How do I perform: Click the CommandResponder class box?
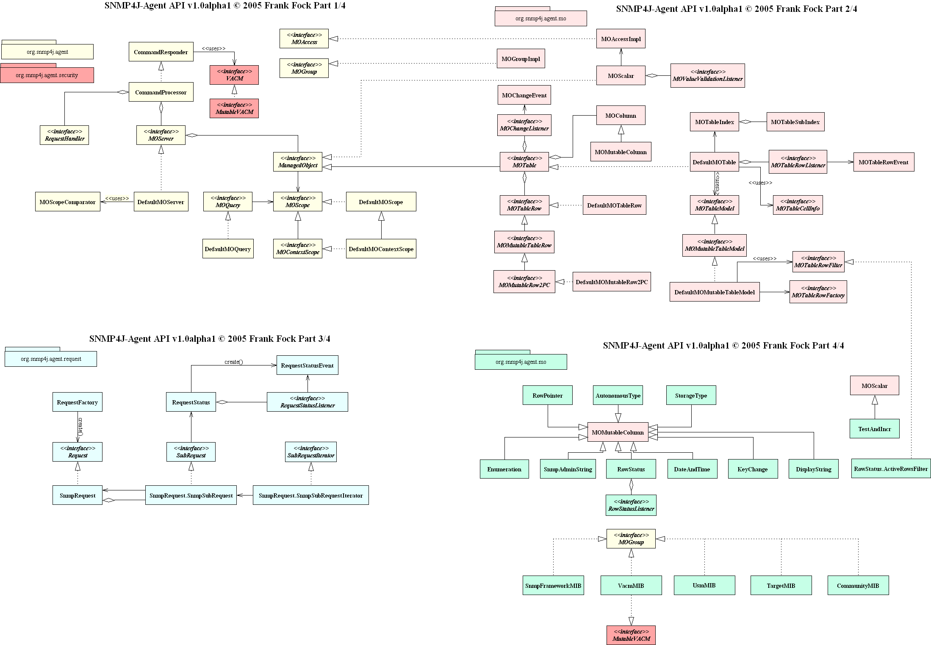coord(161,52)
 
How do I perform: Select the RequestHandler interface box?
coord(64,135)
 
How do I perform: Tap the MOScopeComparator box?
coord(67,202)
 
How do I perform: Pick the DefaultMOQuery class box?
coord(228,249)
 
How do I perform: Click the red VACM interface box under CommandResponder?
coord(234,75)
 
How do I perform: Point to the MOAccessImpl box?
coord(621,39)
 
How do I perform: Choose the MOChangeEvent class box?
coord(524,95)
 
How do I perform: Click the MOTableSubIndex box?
coord(795,122)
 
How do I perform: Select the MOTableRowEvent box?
coord(883,162)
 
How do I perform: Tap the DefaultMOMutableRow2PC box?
coord(612,282)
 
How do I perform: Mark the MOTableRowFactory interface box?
coord(818,292)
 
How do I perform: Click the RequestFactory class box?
coord(78,402)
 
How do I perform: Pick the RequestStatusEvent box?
coord(307,365)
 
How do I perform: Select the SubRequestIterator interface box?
coord(311,452)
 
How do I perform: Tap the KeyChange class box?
coord(752,469)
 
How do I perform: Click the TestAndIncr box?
coord(874,429)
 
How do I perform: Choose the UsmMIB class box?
coord(704,585)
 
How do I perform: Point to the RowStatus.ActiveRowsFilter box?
coord(891,468)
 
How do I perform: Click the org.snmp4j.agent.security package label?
coord(47,75)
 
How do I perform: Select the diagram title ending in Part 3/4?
coord(210,339)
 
